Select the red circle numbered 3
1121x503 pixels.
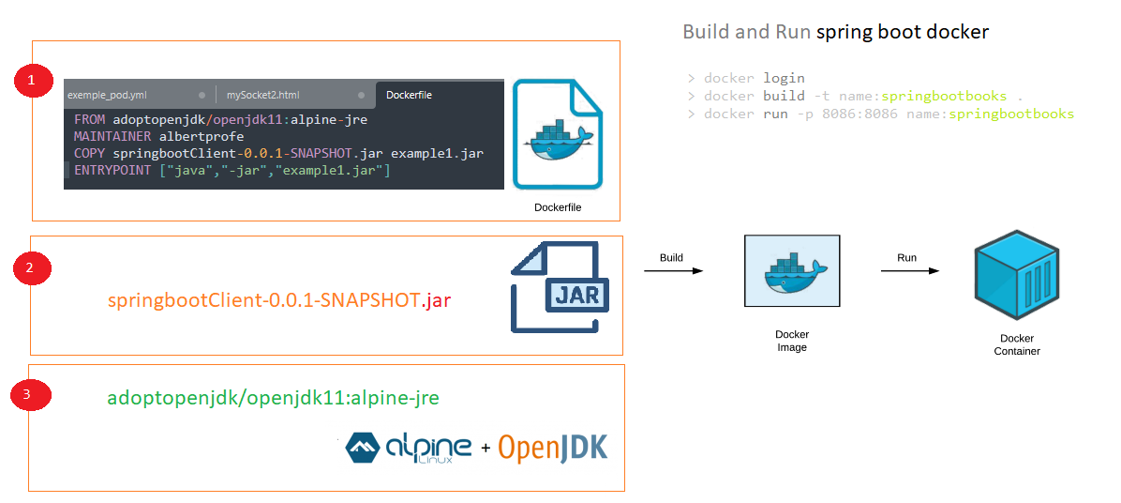29,394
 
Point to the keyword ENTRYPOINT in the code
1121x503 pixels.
113,171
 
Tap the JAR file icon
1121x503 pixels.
560,288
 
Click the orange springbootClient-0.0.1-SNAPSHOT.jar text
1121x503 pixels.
279,301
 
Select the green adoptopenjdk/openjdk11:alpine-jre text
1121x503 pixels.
273,399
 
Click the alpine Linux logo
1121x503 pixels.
409,448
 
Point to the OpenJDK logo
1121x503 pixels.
553,448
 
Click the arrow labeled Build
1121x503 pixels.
674,271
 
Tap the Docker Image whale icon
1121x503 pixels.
792,272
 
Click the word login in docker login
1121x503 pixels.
785,79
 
